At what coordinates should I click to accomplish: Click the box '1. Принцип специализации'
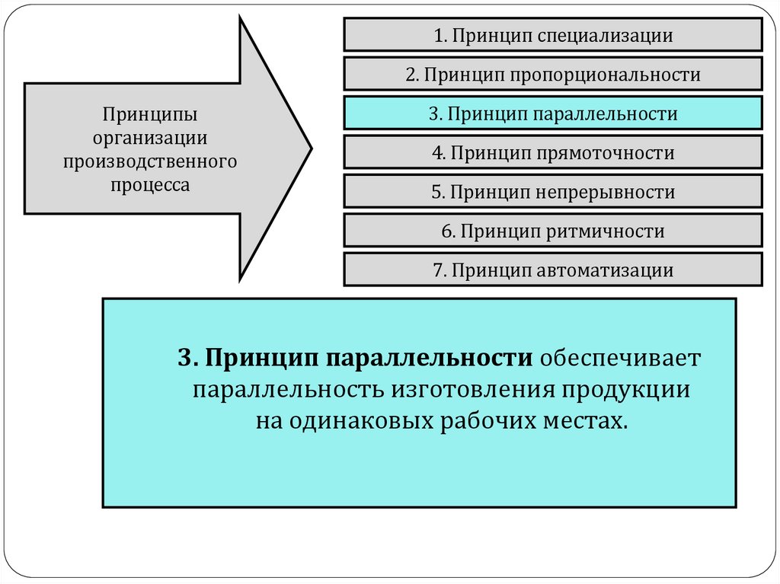point(552,35)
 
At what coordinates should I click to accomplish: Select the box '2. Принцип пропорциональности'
point(552,75)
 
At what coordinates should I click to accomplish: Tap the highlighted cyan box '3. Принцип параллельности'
point(552,114)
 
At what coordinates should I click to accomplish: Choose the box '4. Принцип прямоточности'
point(552,153)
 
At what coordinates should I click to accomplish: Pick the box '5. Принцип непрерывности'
point(552,192)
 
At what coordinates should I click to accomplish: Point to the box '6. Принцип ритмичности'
point(552,231)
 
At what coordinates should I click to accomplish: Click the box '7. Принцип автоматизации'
point(552,270)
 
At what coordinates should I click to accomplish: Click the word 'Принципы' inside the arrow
point(150,116)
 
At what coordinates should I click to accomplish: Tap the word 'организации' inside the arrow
point(150,138)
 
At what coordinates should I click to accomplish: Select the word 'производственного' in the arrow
point(150,161)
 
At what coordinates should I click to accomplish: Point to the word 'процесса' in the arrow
point(150,183)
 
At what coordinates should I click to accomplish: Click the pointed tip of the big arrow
point(308,148)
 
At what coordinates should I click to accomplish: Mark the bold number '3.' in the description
point(188,358)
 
